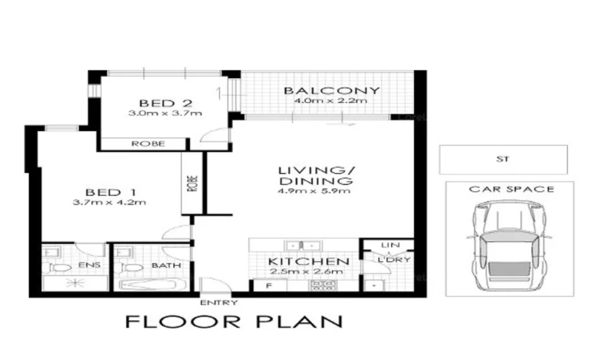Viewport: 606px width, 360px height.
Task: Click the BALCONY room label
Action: (x=332, y=90)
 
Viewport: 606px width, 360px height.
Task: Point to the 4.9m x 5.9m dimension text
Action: (x=314, y=191)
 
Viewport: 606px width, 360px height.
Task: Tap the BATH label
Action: (x=166, y=265)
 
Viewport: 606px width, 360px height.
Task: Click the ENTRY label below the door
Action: (x=219, y=302)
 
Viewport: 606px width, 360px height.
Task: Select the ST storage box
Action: (x=503, y=159)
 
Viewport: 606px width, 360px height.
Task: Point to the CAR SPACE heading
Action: (x=511, y=189)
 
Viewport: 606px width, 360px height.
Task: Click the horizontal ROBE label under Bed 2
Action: (x=148, y=143)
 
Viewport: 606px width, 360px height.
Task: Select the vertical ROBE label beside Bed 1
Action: (x=192, y=183)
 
